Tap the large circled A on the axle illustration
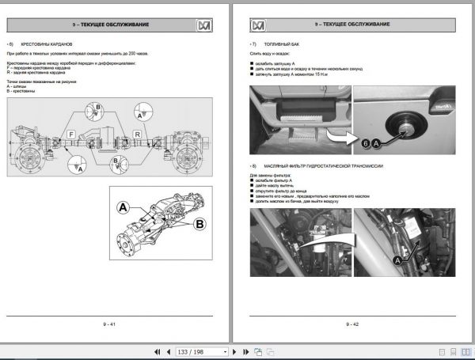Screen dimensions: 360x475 click(x=123, y=208)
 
